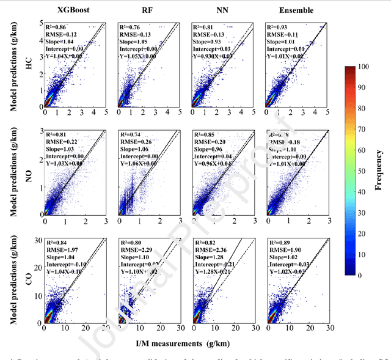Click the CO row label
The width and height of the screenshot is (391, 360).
click(x=28, y=279)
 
